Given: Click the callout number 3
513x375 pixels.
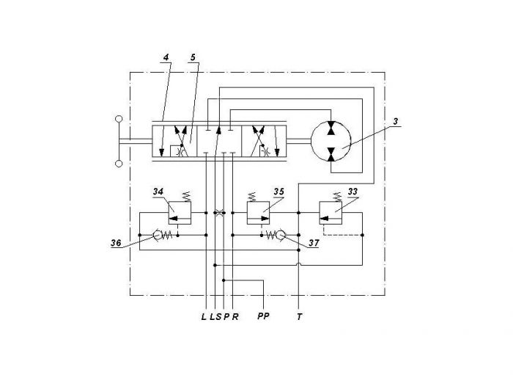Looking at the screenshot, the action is coord(396,122).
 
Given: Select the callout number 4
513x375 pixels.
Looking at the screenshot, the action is coord(166,57).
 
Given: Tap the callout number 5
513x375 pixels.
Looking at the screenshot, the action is coord(193,57).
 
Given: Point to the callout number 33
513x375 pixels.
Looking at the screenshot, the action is coord(353,192).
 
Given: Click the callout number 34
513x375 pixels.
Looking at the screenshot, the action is coord(158,192).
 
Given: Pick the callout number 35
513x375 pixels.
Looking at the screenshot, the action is coord(278,192).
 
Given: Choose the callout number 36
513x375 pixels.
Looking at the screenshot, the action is coord(116,243).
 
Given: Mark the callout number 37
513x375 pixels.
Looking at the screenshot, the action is coord(314,243).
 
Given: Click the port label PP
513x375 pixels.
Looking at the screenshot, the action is coord(263,316).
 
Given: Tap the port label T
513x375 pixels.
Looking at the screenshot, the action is coord(299,317).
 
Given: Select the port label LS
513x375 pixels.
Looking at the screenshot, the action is coord(215,317).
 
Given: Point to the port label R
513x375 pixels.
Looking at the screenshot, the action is coord(235,317).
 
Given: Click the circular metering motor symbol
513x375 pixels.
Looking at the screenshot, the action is coord(331,141).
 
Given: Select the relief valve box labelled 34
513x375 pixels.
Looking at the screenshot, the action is coord(180,213).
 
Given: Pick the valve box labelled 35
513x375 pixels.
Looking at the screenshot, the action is coord(258,213).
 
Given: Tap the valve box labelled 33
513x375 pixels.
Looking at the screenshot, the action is coord(331,213).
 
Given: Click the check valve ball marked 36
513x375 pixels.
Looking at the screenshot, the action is coord(158,235).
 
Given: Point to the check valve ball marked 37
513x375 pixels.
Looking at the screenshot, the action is coord(281,235).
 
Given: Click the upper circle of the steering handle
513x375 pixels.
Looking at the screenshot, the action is coord(119,119).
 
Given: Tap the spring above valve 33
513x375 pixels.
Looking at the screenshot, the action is coord(337,197).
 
